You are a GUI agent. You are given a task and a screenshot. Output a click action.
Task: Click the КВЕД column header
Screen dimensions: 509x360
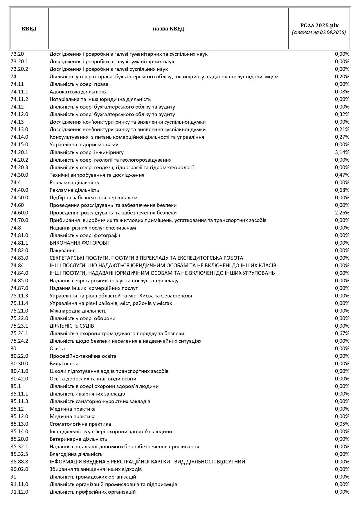click(29, 29)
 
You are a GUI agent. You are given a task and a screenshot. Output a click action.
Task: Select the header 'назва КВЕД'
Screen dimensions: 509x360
click(168, 29)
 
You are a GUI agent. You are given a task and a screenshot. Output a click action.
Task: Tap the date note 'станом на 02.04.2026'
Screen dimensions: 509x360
click(319, 33)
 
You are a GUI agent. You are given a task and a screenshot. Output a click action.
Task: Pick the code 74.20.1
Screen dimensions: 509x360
click(19, 152)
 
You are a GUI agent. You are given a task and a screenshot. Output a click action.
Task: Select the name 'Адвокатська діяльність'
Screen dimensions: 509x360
click(78, 92)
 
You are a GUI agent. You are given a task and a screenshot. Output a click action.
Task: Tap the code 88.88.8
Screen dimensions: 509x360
click(19, 462)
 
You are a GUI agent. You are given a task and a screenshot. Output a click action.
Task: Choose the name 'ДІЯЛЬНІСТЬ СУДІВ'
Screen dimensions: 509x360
click(72, 326)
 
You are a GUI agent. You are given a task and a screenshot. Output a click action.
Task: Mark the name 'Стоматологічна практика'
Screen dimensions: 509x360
click(80, 424)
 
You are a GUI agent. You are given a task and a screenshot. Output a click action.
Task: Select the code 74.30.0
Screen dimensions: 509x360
click(19, 175)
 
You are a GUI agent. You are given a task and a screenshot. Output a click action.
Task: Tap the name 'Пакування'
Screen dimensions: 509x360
click(62, 250)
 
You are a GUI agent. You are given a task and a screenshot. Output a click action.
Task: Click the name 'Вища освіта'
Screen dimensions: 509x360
click(64, 364)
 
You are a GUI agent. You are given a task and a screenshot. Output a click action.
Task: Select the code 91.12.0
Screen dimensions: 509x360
click(19, 492)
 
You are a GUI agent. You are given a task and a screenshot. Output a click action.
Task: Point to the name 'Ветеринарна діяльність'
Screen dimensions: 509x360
click(78, 439)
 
